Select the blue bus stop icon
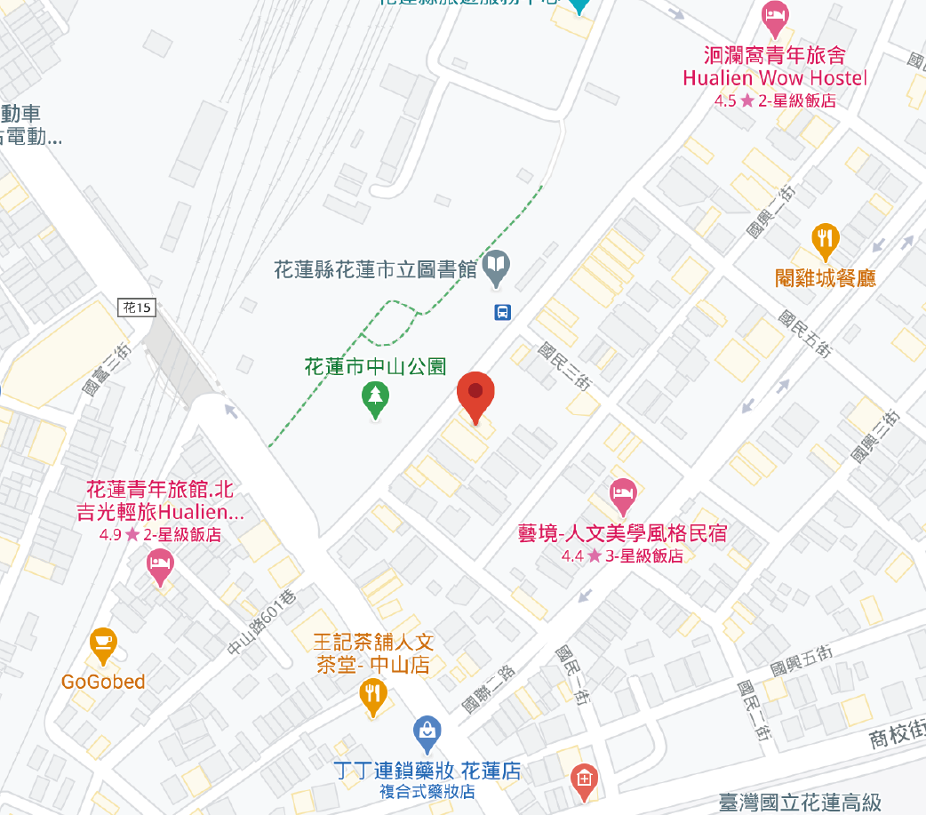coord(502,312)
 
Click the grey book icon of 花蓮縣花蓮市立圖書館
coord(496,266)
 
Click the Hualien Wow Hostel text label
coord(774,78)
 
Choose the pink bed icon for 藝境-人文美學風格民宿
coord(622,493)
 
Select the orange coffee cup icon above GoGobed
coord(104,643)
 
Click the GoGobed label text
coord(103,682)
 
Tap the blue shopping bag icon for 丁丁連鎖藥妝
coord(428,731)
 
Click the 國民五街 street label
coord(803,333)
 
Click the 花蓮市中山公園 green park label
coord(374,365)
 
